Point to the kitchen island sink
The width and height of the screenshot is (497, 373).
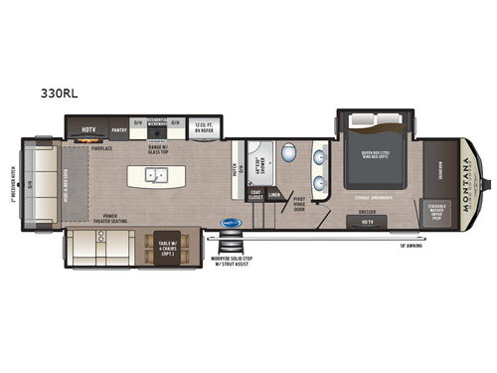point(157,175)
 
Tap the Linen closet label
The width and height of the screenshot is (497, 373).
point(273,195)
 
